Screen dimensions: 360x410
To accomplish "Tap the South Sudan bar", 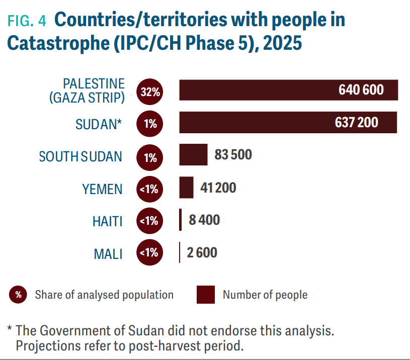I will pyautogui.click(x=193, y=155).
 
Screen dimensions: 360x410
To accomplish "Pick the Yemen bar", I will pyautogui.click(x=186, y=188).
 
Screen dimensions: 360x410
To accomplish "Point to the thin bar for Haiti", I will pyautogui.click(x=181, y=220).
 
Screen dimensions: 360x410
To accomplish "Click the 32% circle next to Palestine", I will pyautogui.click(x=150, y=93).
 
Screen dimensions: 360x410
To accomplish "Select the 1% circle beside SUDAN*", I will pyautogui.click(x=150, y=124).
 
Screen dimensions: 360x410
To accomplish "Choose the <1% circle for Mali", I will pyautogui.click(x=149, y=252).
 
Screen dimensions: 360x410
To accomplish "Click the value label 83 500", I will pyautogui.click(x=233, y=155).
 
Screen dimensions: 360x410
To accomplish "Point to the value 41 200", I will pyautogui.click(x=218, y=188).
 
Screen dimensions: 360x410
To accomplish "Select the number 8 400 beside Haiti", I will pyautogui.click(x=204, y=220).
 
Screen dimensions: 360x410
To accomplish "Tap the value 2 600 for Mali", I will pyautogui.click(x=202, y=252).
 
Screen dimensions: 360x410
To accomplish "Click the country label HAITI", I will pyautogui.click(x=108, y=221).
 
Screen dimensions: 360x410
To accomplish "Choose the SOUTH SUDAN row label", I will pyautogui.click(x=80, y=156).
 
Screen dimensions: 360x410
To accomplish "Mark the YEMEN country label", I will pyautogui.click(x=102, y=189).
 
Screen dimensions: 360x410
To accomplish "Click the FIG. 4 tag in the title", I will pyautogui.click(x=26, y=21).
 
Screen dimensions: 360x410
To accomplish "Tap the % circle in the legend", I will pyautogui.click(x=18, y=295).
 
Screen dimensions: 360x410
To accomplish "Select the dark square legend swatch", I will pyautogui.click(x=206, y=295).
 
